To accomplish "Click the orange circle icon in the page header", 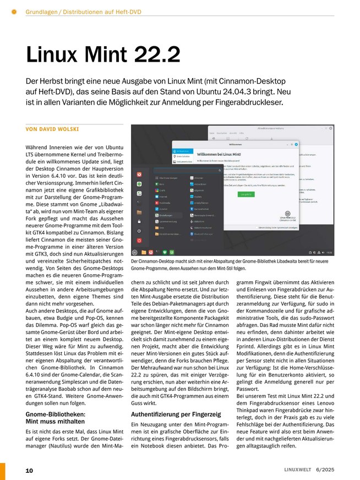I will click(x=14, y=12).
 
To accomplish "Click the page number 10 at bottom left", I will click(x=29, y=470).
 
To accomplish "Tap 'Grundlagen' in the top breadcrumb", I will click(x=44, y=12).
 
